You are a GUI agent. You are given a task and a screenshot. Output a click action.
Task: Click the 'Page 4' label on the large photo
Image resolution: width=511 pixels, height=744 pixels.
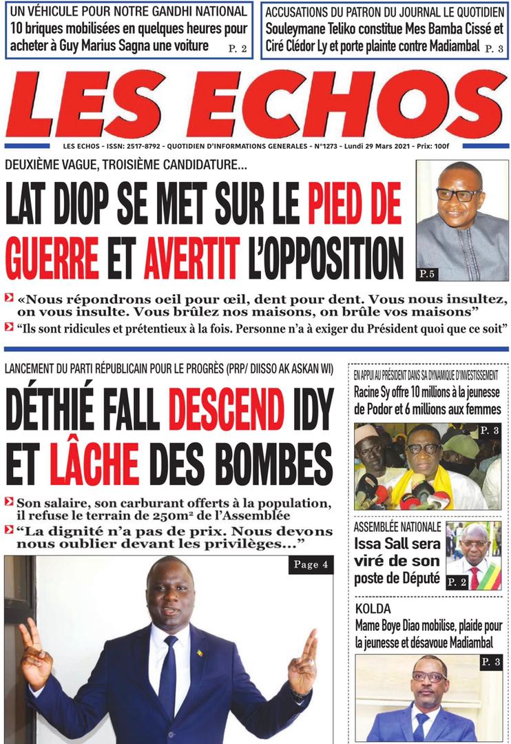[x=306, y=565]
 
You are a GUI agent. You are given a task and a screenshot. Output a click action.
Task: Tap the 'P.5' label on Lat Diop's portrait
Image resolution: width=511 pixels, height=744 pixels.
[x=427, y=275]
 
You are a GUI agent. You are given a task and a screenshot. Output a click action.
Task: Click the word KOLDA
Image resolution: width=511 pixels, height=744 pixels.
[x=373, y=610]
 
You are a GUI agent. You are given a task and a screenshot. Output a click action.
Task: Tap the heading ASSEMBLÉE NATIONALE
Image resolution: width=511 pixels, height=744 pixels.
[x=397, y=528]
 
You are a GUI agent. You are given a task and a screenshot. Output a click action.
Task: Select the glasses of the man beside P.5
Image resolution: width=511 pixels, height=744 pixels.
[x=458, y=194]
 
